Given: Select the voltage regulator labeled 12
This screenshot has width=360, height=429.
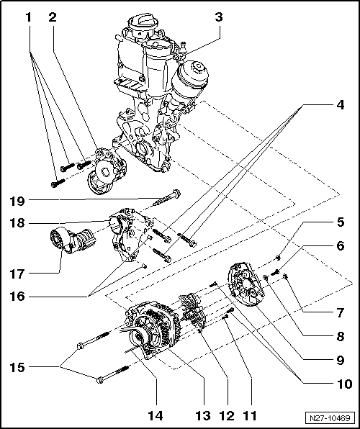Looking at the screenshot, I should tap(192, 311).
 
